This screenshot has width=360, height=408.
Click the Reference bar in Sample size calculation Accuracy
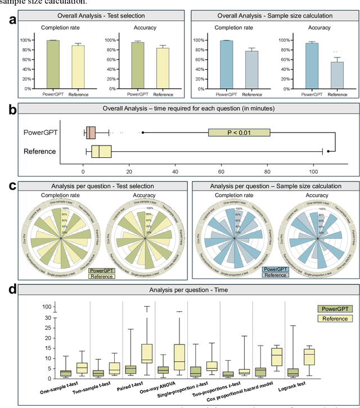click(337, 75)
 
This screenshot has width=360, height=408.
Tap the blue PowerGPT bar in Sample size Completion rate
click(226, 64)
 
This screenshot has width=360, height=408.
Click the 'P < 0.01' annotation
click(239, 132)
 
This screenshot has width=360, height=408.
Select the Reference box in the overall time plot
click(101, 151)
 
